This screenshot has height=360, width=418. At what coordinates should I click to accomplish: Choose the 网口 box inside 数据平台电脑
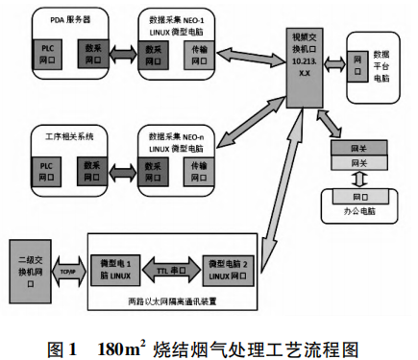pos(357,60)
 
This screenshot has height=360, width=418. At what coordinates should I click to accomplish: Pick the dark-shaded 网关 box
pos(357,149)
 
